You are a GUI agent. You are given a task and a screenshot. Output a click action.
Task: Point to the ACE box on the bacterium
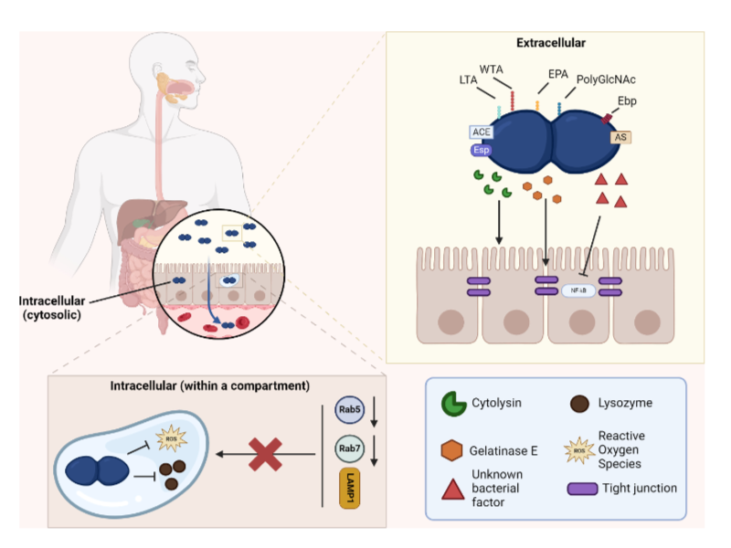[482, 132]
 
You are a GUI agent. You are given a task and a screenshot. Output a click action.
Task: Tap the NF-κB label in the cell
[576, 290]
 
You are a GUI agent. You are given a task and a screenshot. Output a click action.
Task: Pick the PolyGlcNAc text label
[606, 80]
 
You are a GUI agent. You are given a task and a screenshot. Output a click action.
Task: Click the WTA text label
[492, 68]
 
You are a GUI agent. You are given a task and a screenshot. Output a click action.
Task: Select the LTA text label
[470, 80]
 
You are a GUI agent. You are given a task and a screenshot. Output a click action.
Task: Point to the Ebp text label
[628, 100]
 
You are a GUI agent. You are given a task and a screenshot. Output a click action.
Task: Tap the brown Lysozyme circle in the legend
[578, 403]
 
